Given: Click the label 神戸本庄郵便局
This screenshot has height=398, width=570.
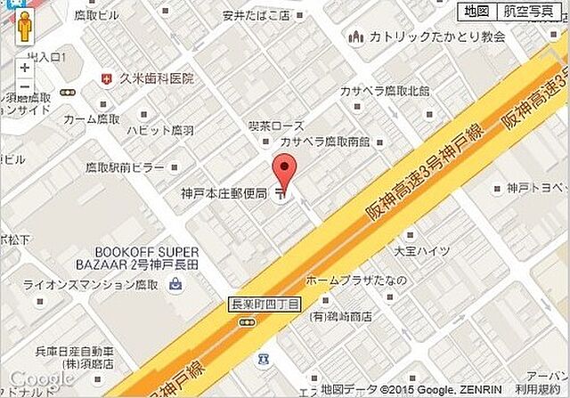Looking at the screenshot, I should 224,193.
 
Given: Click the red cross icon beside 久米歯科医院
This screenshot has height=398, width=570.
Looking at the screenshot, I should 108,78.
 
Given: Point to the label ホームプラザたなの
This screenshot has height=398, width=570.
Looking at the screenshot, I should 356,280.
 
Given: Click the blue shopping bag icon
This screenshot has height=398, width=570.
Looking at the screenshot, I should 175,284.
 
